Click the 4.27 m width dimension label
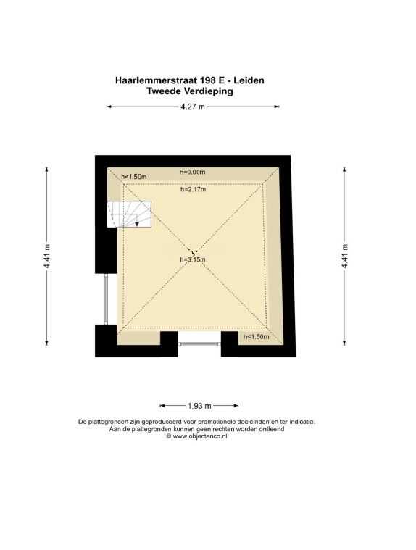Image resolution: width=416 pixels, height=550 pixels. click(x=193, y=107)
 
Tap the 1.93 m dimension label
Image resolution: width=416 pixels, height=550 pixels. click(x=199, y=406)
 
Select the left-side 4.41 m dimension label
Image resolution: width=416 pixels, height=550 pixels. click(x=46, y=256)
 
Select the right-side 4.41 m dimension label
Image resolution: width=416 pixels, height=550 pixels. click(x=344, y=256)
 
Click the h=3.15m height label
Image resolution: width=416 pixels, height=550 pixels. click(x=193, y=259)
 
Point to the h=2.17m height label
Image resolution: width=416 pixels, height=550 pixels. click(x=194, y=189)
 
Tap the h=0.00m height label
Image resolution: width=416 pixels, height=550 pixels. click(x=192, y=172)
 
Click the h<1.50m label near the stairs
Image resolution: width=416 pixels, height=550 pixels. click(x=133, y=177)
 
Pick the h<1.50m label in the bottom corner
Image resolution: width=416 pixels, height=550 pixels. click(x=256, y=337)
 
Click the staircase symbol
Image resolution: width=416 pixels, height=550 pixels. click(x=129, y=214)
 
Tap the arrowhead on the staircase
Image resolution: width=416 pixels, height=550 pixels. click(x=137, y=224)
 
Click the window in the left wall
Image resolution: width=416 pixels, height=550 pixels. click(x=107, y=299)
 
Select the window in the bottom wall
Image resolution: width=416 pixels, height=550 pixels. click(x=199, y=344)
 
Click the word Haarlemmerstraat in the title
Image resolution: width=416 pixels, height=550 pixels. click(x=156, y=80)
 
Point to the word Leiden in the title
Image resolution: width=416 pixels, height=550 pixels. click(x=249, y=80)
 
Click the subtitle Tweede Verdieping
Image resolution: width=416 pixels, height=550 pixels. click(x=190, y=91)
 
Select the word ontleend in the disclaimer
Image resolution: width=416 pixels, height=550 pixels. click(x=272, y=429)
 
